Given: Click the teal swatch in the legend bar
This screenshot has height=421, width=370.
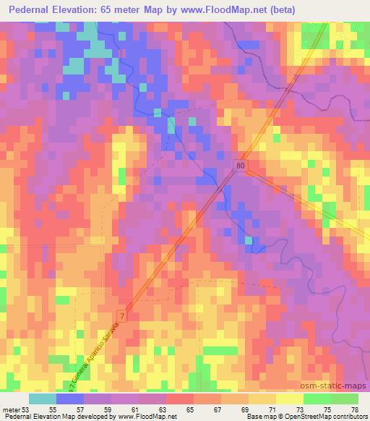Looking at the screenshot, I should pyautogui.click(x=42, y=399).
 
